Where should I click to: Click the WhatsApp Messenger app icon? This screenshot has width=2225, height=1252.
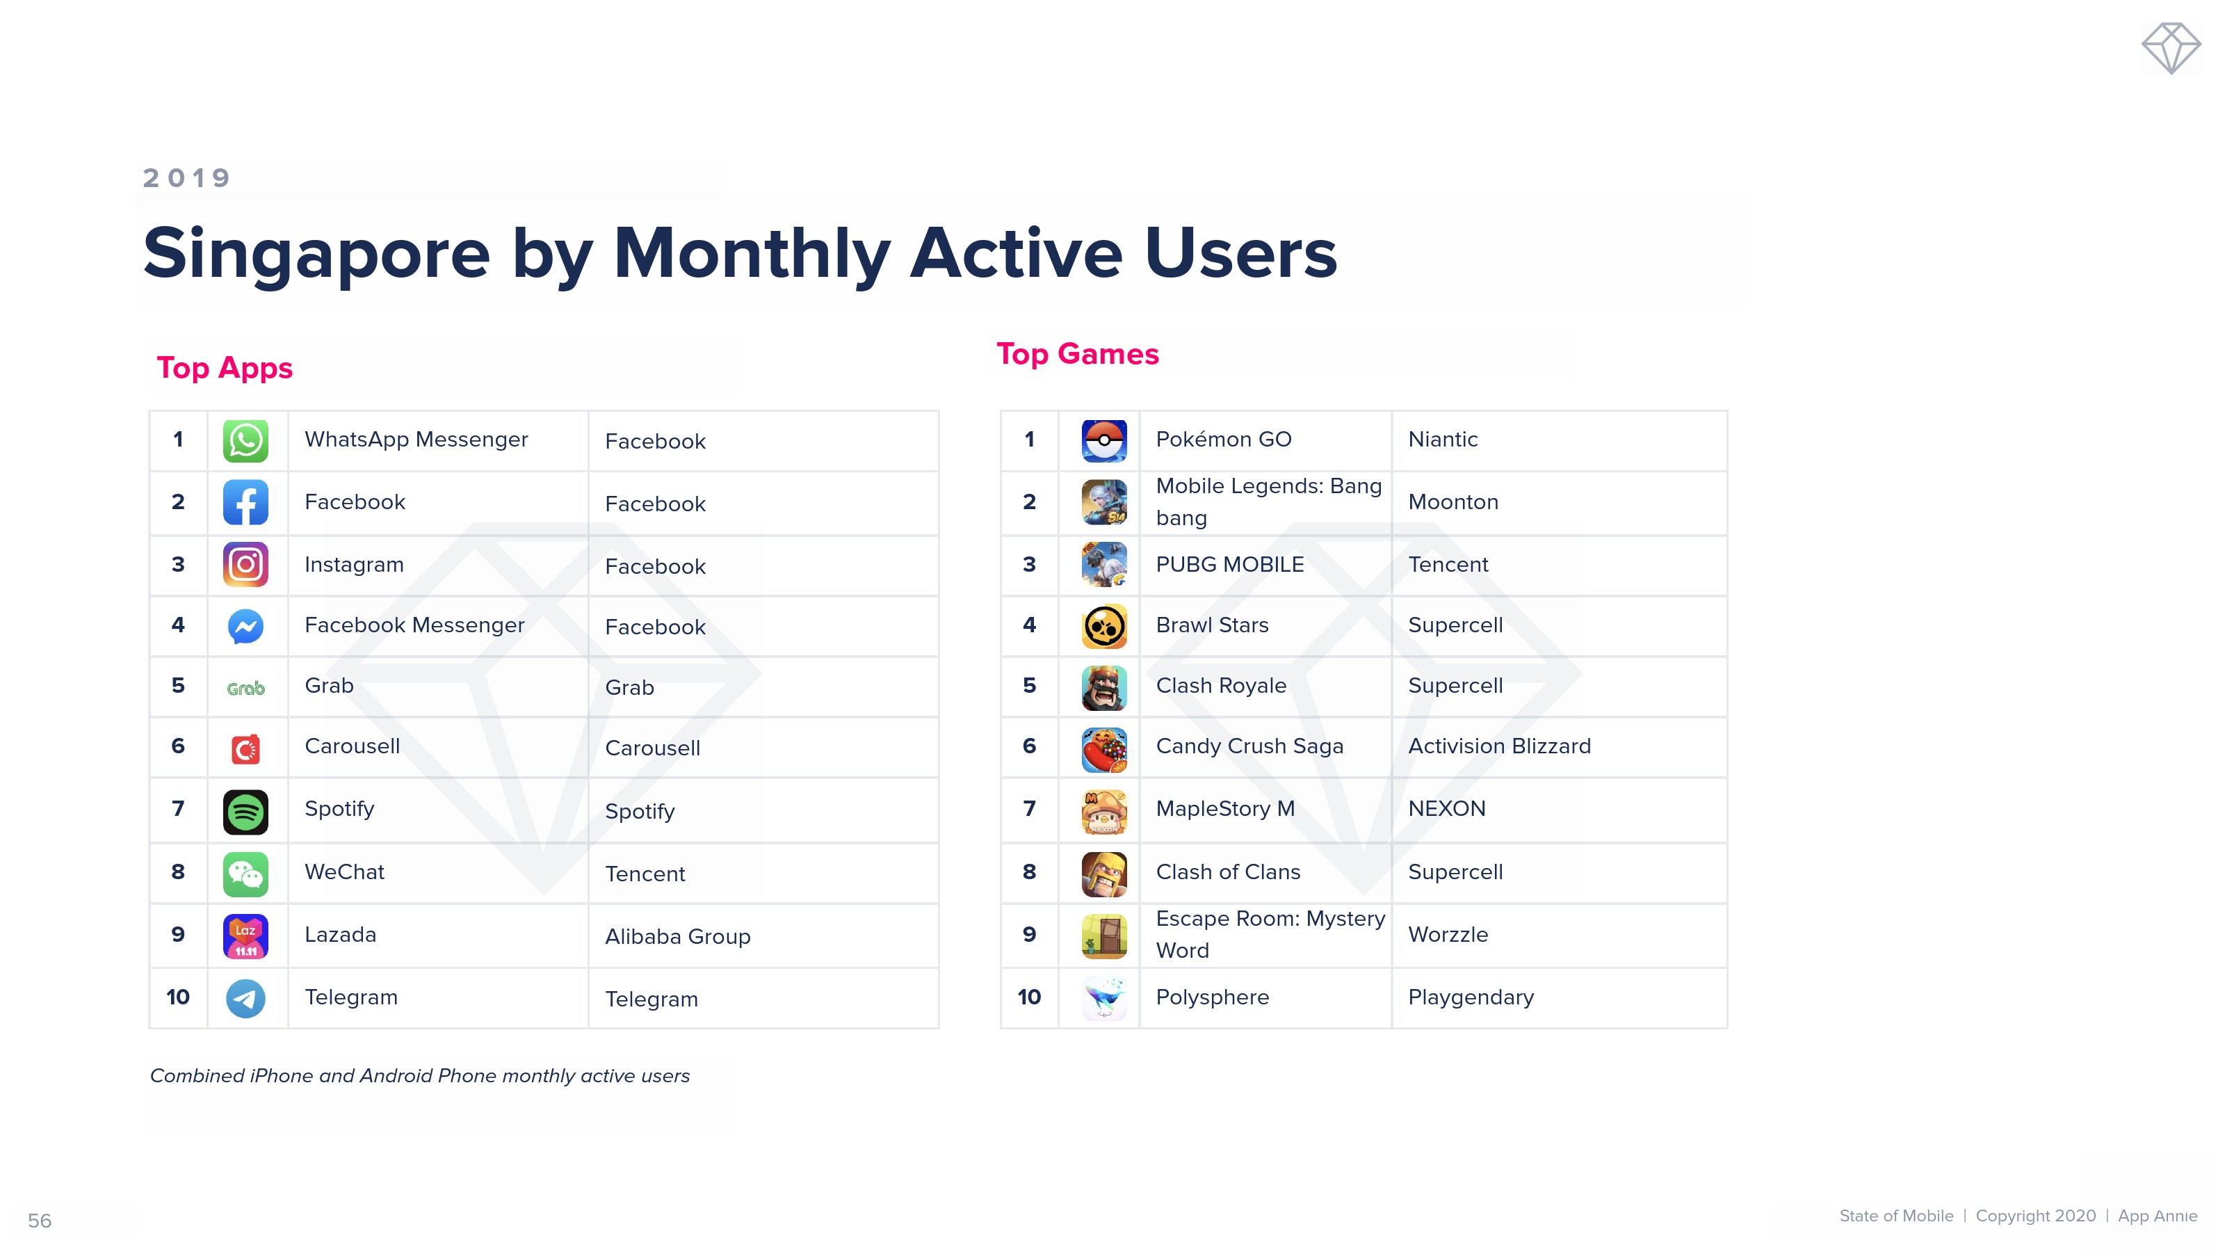point(245,441)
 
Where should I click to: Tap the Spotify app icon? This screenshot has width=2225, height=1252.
point(245,811)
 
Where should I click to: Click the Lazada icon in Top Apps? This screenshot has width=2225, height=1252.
point(245,936)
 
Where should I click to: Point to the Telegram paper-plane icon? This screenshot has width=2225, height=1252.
point(245,998)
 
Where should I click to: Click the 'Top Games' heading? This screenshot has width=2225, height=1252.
point(1077,353)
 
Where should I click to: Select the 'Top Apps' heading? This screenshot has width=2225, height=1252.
point(225,368)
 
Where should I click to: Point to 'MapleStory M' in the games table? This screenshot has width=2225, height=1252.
point(1224,809)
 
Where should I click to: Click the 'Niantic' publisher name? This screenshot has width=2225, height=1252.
point(1443,439)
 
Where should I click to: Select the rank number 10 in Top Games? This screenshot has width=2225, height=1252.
point(1029,997)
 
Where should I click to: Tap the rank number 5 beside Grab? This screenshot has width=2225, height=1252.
point(178,685)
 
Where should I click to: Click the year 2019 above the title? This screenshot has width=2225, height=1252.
point(186,178)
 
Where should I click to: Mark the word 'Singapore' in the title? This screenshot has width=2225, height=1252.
point(316,254)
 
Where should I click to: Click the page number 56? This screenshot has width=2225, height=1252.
point(40,1221)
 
